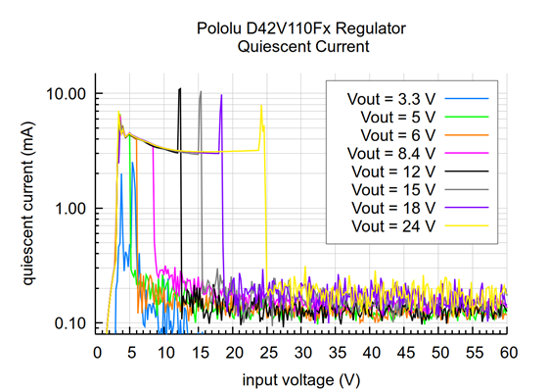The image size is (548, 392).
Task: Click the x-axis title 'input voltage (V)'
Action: [302, 377]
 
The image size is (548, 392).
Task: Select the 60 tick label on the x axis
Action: [507, 351]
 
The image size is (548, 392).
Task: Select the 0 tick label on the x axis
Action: [96, 351]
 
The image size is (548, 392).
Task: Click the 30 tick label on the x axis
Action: [301, 351]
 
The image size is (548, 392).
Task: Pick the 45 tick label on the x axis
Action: [404, 351]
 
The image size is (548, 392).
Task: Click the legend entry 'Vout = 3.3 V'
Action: [392, 99]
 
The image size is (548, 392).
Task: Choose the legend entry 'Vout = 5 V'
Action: [399, 117]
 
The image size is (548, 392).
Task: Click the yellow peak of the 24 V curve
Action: [261, 106]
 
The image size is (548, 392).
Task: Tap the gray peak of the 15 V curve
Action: [201, 92]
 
